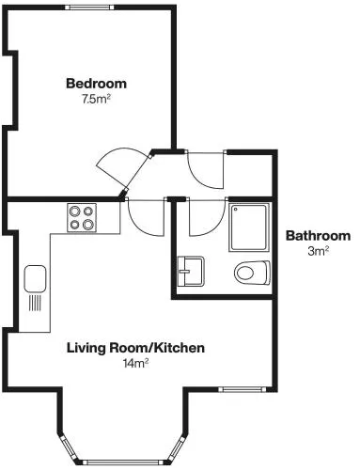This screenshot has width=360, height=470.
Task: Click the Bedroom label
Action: point(96,84)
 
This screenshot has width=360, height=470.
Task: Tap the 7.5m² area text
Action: point(96,100)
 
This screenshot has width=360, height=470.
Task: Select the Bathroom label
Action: point(318,236)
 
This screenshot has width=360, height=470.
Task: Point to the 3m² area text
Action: point(318,251)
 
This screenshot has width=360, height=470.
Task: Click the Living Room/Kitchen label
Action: point(135,348)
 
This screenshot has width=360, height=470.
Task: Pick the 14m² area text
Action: point(135,364)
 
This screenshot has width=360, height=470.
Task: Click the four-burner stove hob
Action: point(82,218)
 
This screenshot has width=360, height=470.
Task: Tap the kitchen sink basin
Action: point(35,279)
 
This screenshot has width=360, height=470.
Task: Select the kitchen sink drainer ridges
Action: point(35,304)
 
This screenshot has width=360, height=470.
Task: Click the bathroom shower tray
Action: point(249,227)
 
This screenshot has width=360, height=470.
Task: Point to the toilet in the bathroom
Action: point(252,273)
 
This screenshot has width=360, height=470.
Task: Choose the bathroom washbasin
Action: point(191,272)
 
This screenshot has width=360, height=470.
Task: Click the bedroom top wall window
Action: point(89,7)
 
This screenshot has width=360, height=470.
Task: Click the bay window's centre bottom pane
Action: point(123,462)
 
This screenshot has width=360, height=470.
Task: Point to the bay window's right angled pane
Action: point(177,447)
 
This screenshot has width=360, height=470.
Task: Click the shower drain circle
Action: point(235,209)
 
